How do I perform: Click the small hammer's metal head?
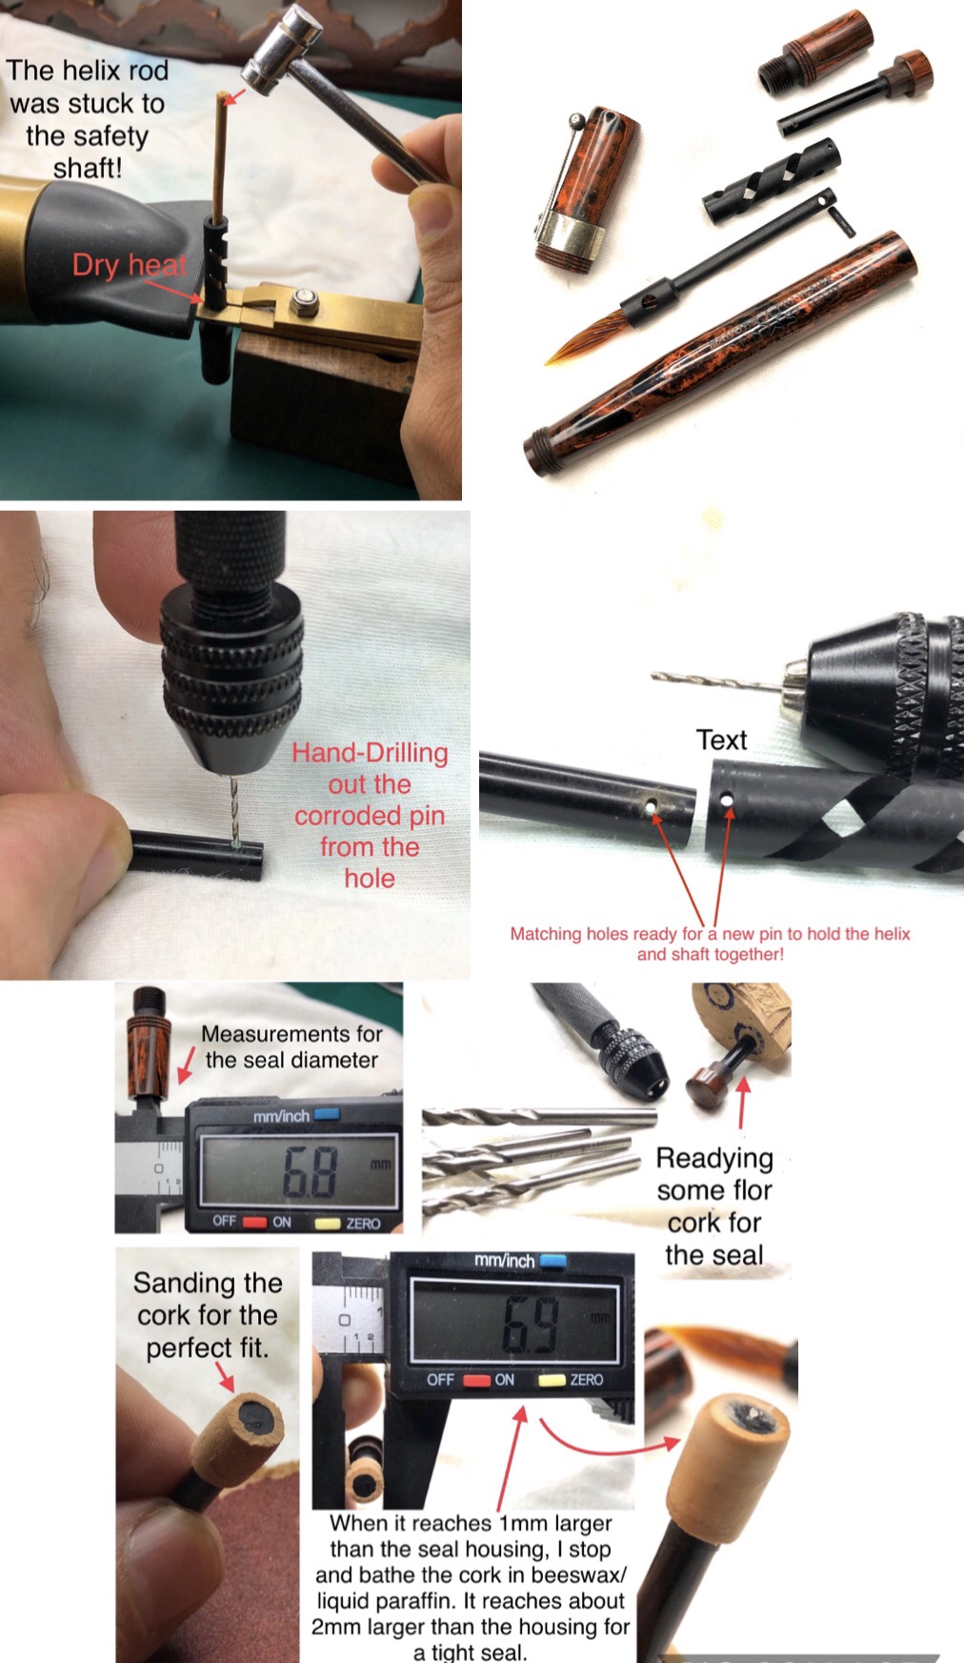pyautogui.click(x=283, y=48)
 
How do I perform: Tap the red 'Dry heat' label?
pyautogui.click(x=130, y=264)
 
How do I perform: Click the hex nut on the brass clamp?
pyautogui.click(x=305, y=301)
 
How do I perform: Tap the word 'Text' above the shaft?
pyautogui.click(x=721, y=740)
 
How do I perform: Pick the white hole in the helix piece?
pyautogui.click(x=728, y=801)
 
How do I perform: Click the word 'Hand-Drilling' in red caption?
pyautogui.click(x=370, y=753)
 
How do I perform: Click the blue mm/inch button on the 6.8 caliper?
pyautogui.click(x=327, y=1114)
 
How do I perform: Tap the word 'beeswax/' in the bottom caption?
pyautogui.click(x=575, y=1574)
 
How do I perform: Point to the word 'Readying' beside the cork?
pyautogui.click(x=714, y=1159)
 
